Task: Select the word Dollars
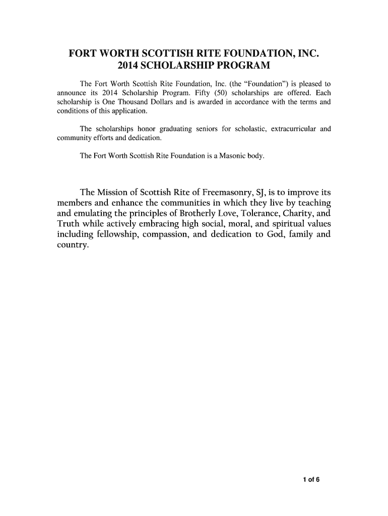click(x=164, y=102)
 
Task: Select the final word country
click(x=70, y=246)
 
